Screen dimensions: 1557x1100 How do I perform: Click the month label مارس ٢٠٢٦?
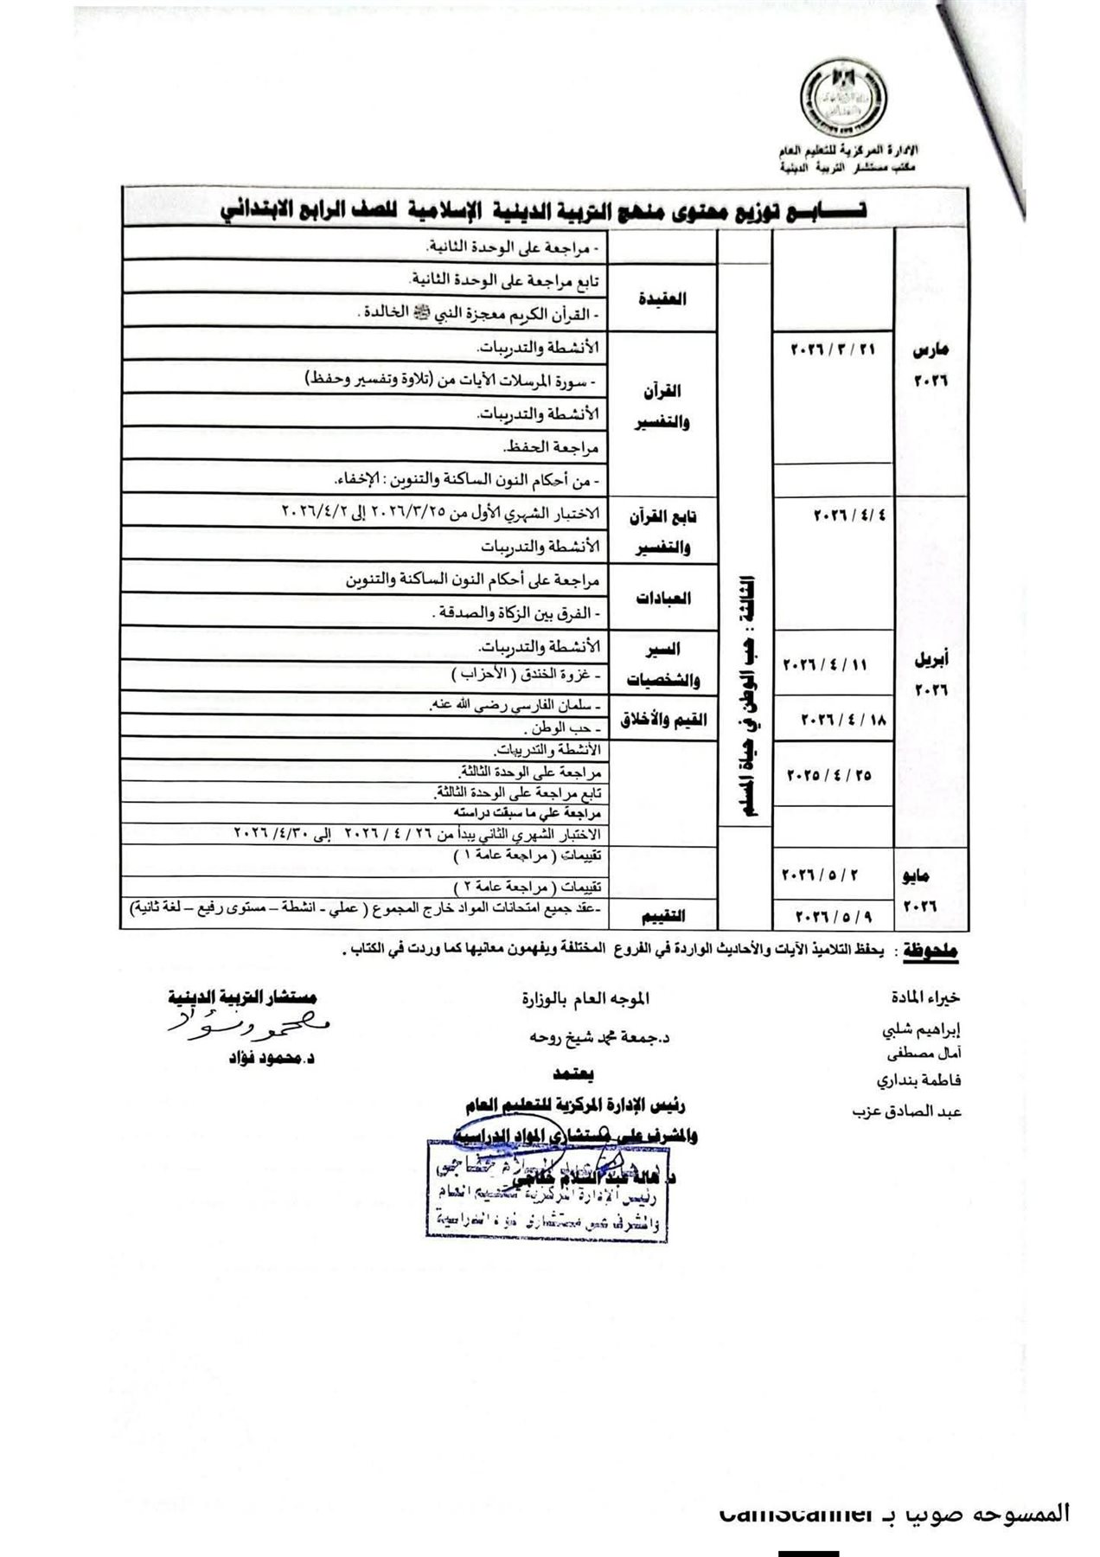coord(931,364)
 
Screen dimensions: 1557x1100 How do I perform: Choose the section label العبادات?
coord(664,598)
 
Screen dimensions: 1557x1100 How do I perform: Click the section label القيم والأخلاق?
coord(662,721)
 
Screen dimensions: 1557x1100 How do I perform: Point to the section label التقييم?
coord(666,915)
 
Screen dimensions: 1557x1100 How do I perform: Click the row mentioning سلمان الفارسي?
coord(518,704)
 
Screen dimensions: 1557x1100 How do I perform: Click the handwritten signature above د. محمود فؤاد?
coord(252,1026)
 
